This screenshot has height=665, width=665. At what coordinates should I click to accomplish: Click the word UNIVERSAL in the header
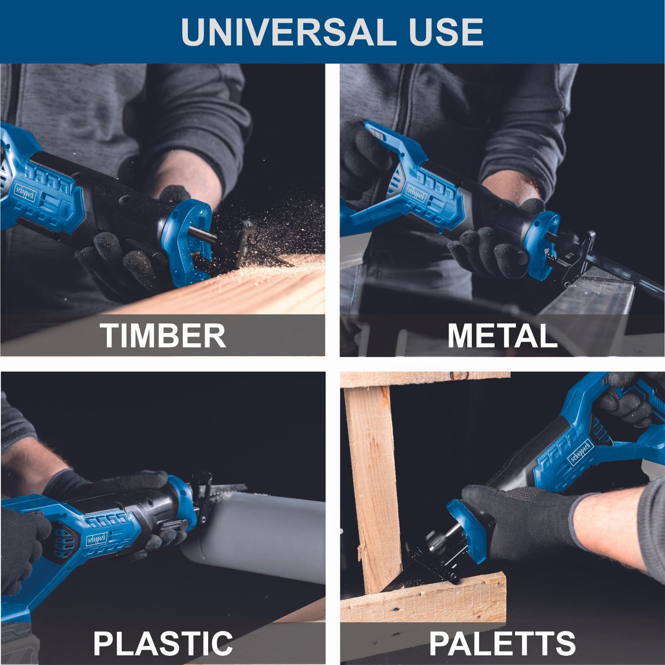point(286,32)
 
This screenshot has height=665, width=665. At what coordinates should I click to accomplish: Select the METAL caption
point(502,335)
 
